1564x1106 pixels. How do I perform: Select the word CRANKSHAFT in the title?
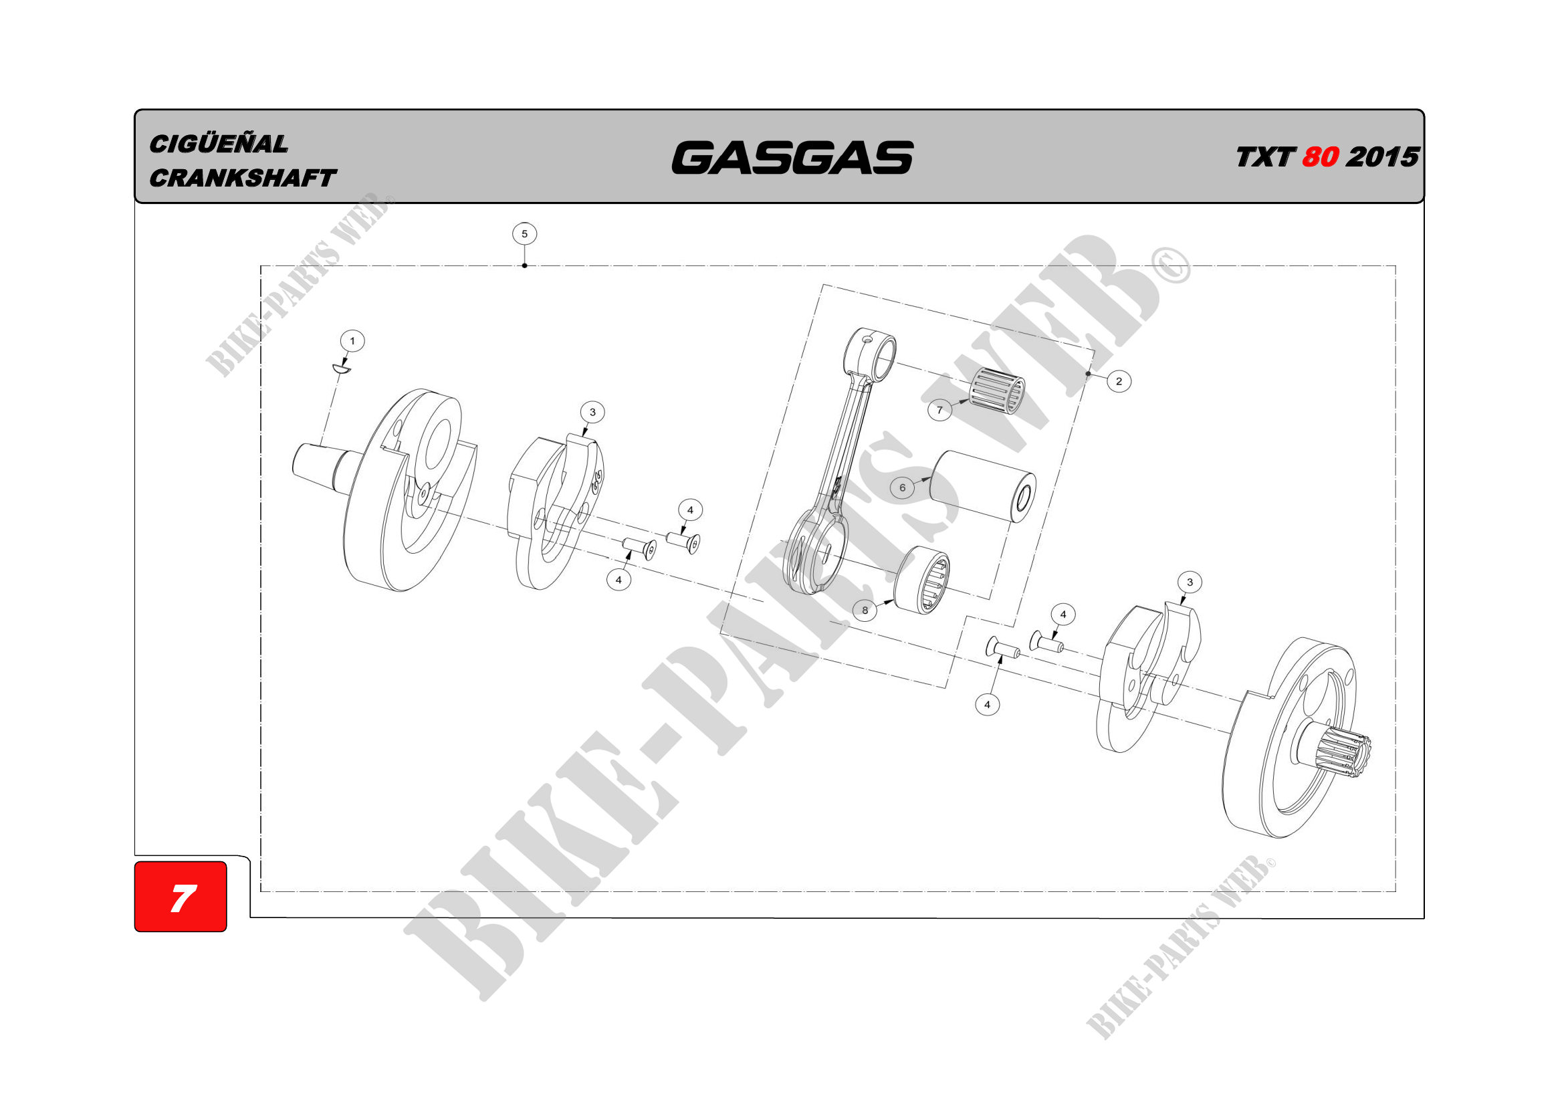click(243, 179)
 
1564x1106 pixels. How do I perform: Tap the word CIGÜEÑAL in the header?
click(219, 144)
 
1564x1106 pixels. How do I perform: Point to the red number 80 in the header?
click(1320, 157)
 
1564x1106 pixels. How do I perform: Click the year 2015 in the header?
click(1383, 157)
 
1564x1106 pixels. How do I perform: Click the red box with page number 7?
click(181, 896)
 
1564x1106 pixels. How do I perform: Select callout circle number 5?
click(524, 233)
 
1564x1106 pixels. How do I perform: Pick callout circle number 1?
click(352, 340)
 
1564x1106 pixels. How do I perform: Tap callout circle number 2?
click(1119, 380)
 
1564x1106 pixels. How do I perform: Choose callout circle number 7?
click(940, 410)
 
